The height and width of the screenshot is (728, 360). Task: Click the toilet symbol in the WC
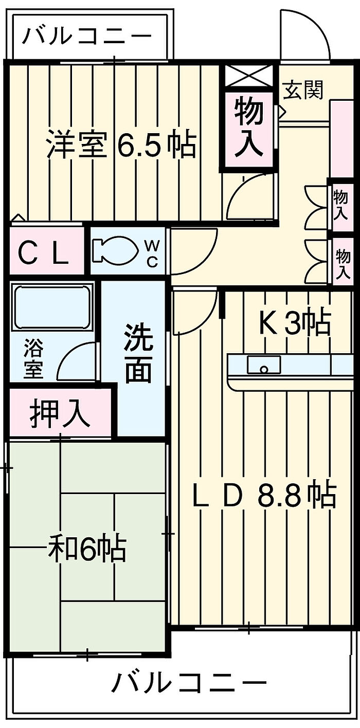pos(114,250)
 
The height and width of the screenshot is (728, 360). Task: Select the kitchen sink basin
pos(264,365)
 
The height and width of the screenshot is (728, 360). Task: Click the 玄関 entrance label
pos(303,89)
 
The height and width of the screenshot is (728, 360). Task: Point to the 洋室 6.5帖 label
pos(121,143)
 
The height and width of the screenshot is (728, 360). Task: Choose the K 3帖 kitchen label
pos(295,324)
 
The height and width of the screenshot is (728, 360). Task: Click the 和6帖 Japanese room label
pos(87,550)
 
